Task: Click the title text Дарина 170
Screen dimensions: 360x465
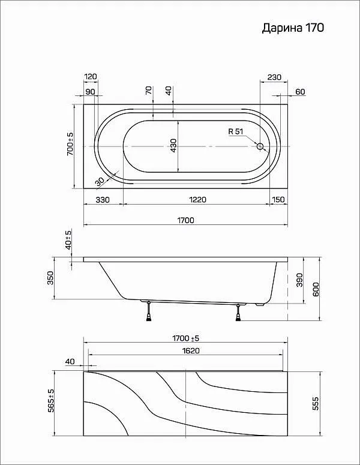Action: [293, 28]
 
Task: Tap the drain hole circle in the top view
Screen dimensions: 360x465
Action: [260, 146]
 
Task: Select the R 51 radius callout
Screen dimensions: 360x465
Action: [236, 131]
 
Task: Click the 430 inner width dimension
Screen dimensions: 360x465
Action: [173, 146]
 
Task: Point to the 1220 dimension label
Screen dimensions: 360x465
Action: [198, 200]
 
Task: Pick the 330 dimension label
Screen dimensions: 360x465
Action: [103, 200]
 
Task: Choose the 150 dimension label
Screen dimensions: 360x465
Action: [278, 200]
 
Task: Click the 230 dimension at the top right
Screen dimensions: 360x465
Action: [274, 77]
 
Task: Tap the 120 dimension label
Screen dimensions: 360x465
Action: [91, 77]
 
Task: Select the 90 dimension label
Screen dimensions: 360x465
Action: [90, 92]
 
